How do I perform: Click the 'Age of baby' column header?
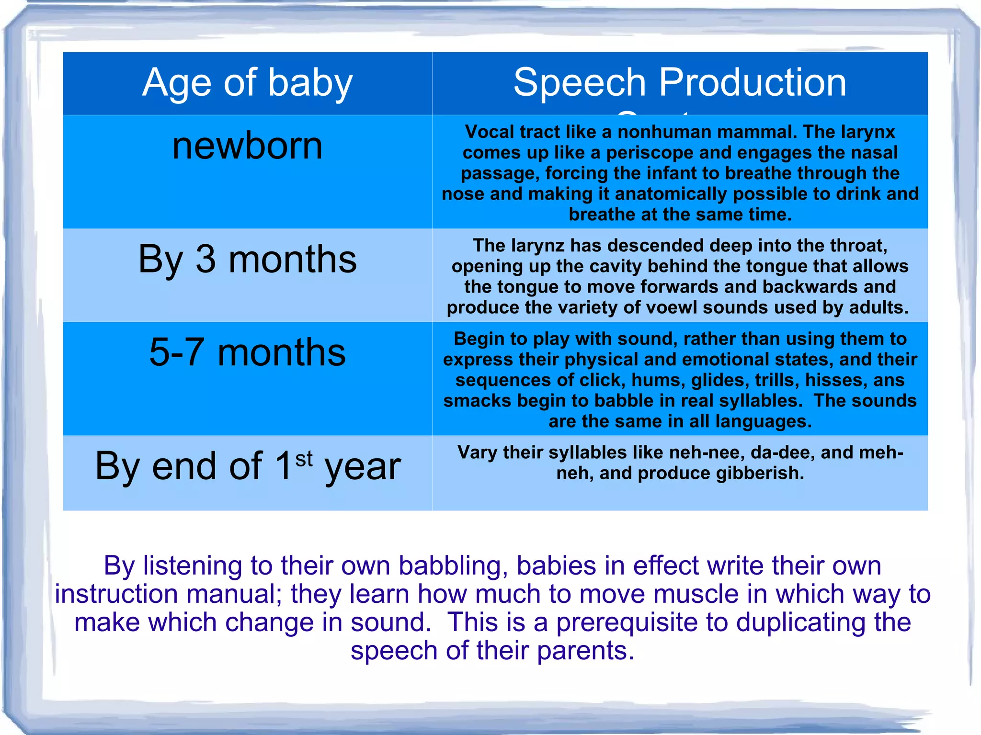(247, 82)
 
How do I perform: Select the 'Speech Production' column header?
(680, 82)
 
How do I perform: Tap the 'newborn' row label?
(247, 146)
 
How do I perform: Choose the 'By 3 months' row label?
(247, 259)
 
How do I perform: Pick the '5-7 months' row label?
(247, 352)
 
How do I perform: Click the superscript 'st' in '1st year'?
(304, 459)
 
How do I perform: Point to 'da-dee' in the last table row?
(782, 452)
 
